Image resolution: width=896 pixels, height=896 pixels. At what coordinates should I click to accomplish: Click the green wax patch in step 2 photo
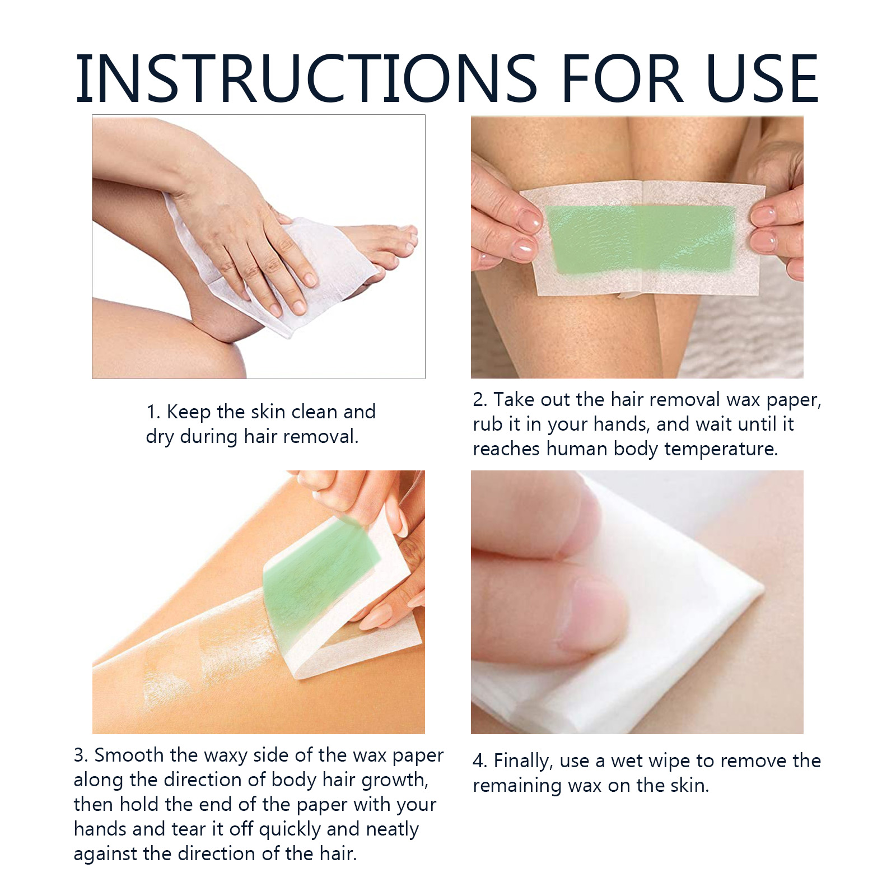click(641, 239)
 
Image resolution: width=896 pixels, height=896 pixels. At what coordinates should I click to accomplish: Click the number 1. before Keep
click(153, 412)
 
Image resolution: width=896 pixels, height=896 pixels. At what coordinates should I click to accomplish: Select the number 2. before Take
click(480, 400)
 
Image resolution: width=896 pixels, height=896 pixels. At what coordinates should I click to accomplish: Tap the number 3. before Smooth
click(81, 755)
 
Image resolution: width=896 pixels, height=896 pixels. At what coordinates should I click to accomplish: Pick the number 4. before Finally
click(480, 761)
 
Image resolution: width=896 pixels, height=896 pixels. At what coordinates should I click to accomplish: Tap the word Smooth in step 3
click(129, 755)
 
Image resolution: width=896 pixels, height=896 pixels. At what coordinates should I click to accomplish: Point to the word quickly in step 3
click(290, 830)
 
